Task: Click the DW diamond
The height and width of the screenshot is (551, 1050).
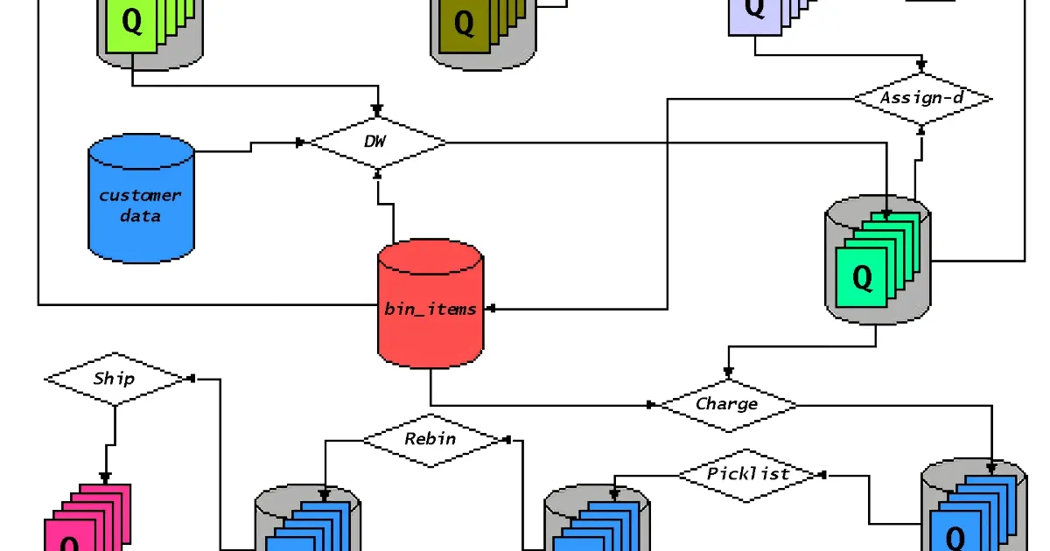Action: [x=378, y=142]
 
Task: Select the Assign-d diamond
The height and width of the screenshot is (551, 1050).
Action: [x=922, y=98]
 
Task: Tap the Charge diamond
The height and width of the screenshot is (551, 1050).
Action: [x=727, y=404]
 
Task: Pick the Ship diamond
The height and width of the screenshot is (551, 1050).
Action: [x=115, y=379]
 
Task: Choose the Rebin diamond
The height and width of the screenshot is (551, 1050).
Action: [x=430, y=438]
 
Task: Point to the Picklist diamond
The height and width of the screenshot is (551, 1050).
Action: [x=748, y=474]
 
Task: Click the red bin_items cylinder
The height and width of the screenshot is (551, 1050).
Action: [x=430, y=306]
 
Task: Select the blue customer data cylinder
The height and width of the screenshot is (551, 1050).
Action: [x=141, y=200]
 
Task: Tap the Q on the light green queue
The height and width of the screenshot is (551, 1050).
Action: [x=131, y=22]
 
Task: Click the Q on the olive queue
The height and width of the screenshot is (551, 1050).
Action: [x=465, y=24]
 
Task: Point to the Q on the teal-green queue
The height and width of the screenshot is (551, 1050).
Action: [x=862, y=277]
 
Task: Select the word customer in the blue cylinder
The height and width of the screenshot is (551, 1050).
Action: [x=140, y=195]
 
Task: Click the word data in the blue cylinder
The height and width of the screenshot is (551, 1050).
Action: [x=140, y=215]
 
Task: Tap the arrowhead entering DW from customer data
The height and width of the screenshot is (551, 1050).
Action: [x=301, y=142]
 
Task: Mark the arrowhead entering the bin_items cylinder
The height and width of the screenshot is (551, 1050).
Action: [x=491, y=308]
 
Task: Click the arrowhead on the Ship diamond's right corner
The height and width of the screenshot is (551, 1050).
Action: [x=190, y=379]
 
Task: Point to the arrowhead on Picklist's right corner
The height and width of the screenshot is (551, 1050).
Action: [x=822, y=474]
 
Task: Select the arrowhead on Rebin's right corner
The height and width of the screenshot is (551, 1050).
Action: [x=507, y=439]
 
